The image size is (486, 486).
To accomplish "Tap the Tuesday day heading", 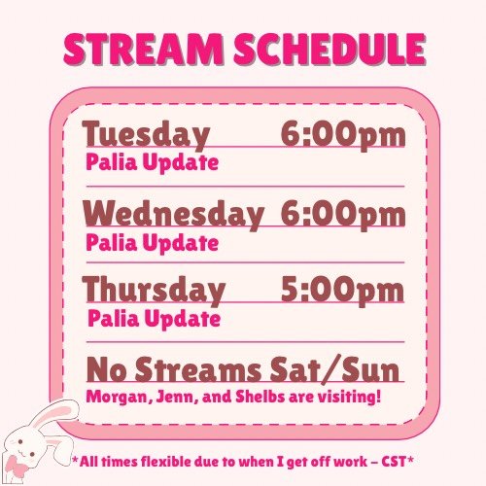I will [145, 134].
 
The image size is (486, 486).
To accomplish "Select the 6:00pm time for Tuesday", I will [342, 134].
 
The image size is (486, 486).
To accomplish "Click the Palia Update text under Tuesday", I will [152, 162].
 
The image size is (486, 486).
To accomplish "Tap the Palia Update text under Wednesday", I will [152, 243].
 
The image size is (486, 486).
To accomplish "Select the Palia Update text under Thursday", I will [154, 318].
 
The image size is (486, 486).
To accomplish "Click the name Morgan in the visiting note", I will [115, 397].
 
